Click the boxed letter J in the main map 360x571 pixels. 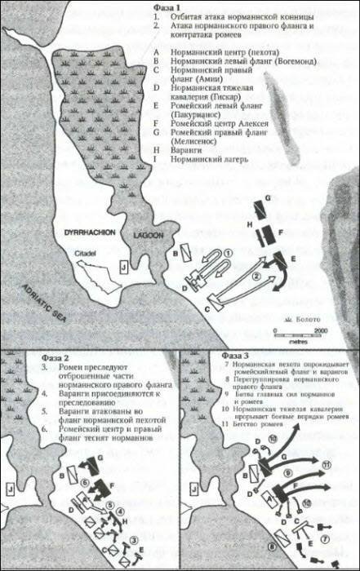(123, 265)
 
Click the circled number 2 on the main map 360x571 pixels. (256, 277)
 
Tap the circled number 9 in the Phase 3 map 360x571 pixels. (287, 471)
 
